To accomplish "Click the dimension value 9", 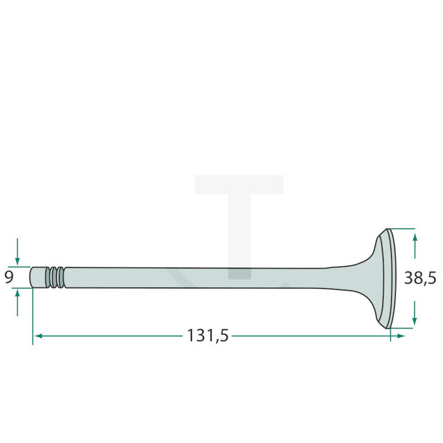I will click(9, 277).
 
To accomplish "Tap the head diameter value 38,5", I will click(419, 278).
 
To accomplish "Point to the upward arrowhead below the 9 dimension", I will click(18, 294).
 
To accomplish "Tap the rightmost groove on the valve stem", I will click(61, 277).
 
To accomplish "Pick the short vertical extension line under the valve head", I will click(390, 335).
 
